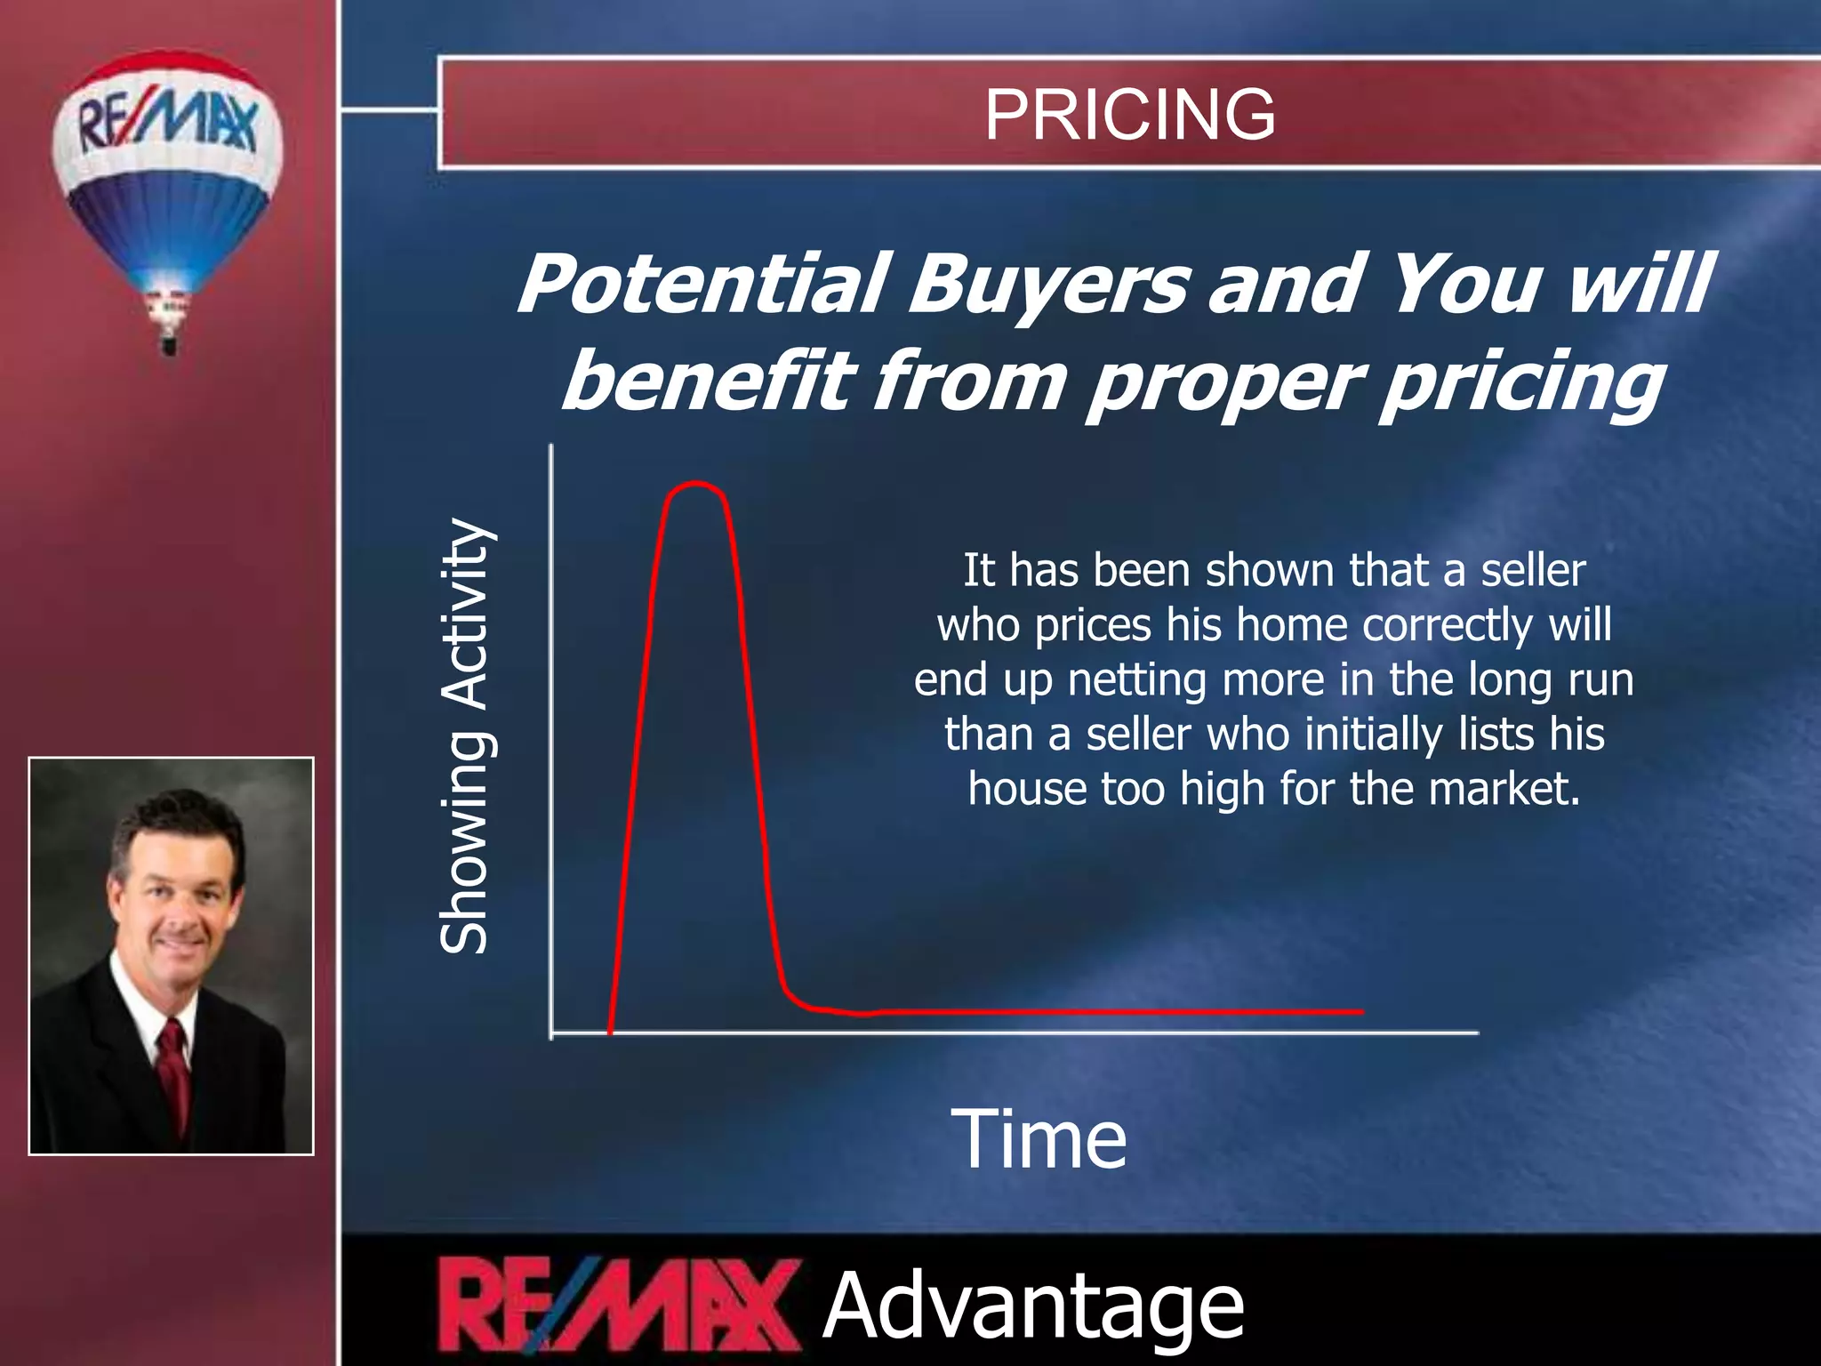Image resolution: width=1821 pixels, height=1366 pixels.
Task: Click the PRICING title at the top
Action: (x=1129, y=115)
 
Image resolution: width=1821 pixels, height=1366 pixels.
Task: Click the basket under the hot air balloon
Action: (x=169, y=342)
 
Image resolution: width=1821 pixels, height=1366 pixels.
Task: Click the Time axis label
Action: (x=1039, y=1139)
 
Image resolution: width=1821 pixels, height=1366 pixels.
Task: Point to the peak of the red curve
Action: (x=695, y=485)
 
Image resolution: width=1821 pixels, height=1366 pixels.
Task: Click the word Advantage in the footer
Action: (x=1033, y=1306)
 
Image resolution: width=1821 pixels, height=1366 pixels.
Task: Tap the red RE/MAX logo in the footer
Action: (x=615, y=1306)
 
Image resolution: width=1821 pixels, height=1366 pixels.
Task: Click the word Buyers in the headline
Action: (x=1049, y=285)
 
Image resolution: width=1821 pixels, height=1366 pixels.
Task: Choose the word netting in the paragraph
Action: (x=1138, y=680)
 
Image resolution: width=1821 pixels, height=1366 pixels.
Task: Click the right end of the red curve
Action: (x=1360, y=1011)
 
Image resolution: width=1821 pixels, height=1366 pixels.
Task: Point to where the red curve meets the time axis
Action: (x=610, y=1033)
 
